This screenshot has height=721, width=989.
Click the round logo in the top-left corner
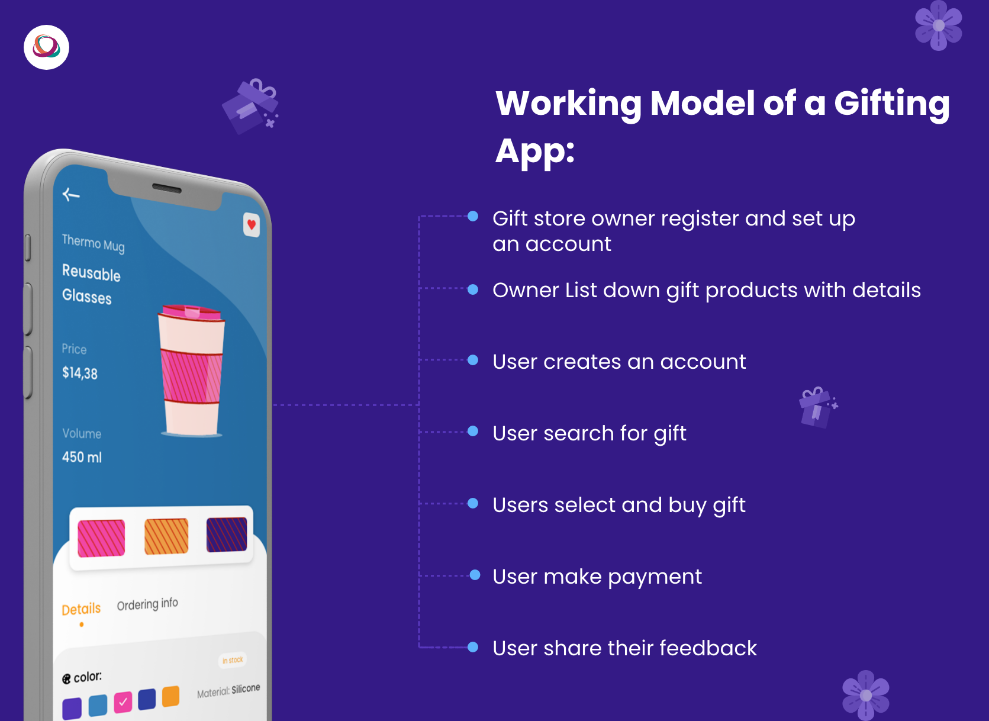(x=46, y=47)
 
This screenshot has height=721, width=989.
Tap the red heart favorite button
(x=251, y=225)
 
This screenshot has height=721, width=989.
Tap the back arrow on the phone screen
(x=70, y=194)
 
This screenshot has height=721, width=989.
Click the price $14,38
(x=80, y=373)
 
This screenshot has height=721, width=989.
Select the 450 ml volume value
(x=82, y=457)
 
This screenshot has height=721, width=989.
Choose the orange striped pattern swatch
(x=166, y=536)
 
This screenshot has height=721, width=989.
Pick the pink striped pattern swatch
(x=101, y=538)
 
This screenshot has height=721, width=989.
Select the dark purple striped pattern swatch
(x=227, y=534)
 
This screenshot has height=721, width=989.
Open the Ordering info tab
(x=147, y=604)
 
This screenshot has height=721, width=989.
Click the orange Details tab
(x=81, y=609)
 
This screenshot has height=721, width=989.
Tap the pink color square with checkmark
(x=123, y=702)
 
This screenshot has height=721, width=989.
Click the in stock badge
(x=233, y=660)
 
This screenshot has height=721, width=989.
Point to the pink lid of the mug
(x=191, y=312)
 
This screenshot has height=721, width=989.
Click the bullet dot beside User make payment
(x=475, y=575)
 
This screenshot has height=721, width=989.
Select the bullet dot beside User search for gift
(x=473, y=431)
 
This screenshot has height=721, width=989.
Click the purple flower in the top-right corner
(x=939, y=25)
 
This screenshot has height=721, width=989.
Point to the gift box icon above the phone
(x=250, y=106)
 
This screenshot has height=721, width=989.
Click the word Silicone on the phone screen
(x=246, y=689)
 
